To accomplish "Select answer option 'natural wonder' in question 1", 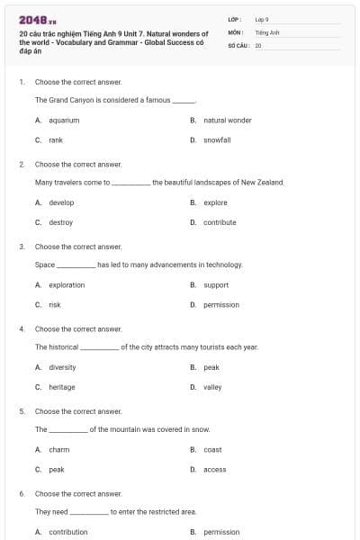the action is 227,120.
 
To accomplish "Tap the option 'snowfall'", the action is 217,139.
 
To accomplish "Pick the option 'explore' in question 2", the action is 215,202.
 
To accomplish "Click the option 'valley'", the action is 212,387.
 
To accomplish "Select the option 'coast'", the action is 212,449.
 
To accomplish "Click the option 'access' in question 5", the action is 214,469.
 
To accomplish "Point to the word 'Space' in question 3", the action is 45,265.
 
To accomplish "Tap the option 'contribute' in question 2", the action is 220,222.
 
